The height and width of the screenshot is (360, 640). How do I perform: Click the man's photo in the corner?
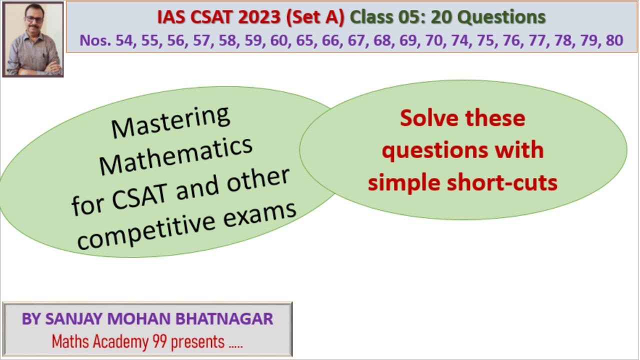[33, 39]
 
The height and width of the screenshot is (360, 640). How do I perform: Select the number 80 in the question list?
[614, 40]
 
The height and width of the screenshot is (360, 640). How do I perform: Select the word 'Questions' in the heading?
[501, 17]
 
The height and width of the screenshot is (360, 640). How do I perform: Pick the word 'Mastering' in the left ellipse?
[170, 121]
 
